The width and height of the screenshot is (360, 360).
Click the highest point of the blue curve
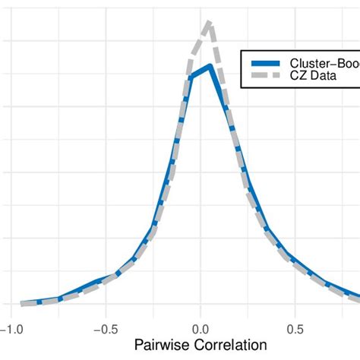click(209, 67)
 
